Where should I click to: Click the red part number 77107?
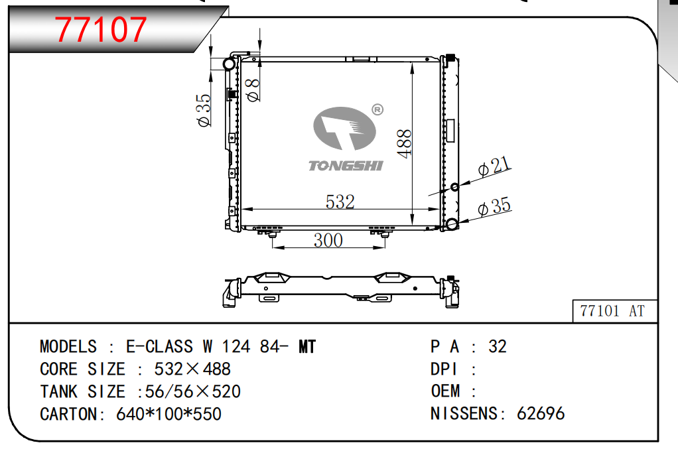(x=101, y=29)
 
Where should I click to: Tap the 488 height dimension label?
(x=405, y=143)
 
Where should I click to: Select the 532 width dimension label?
(x=340, y=202)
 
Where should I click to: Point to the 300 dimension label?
(x=328, y=240)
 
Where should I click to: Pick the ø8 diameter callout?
(x=253, y=90)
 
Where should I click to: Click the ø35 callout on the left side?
(x=204, y=110)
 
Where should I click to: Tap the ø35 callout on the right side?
(x=494, y=206)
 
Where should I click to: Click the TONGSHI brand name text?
(x=346, y=166)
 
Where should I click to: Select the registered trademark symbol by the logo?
(x=377, y=110)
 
